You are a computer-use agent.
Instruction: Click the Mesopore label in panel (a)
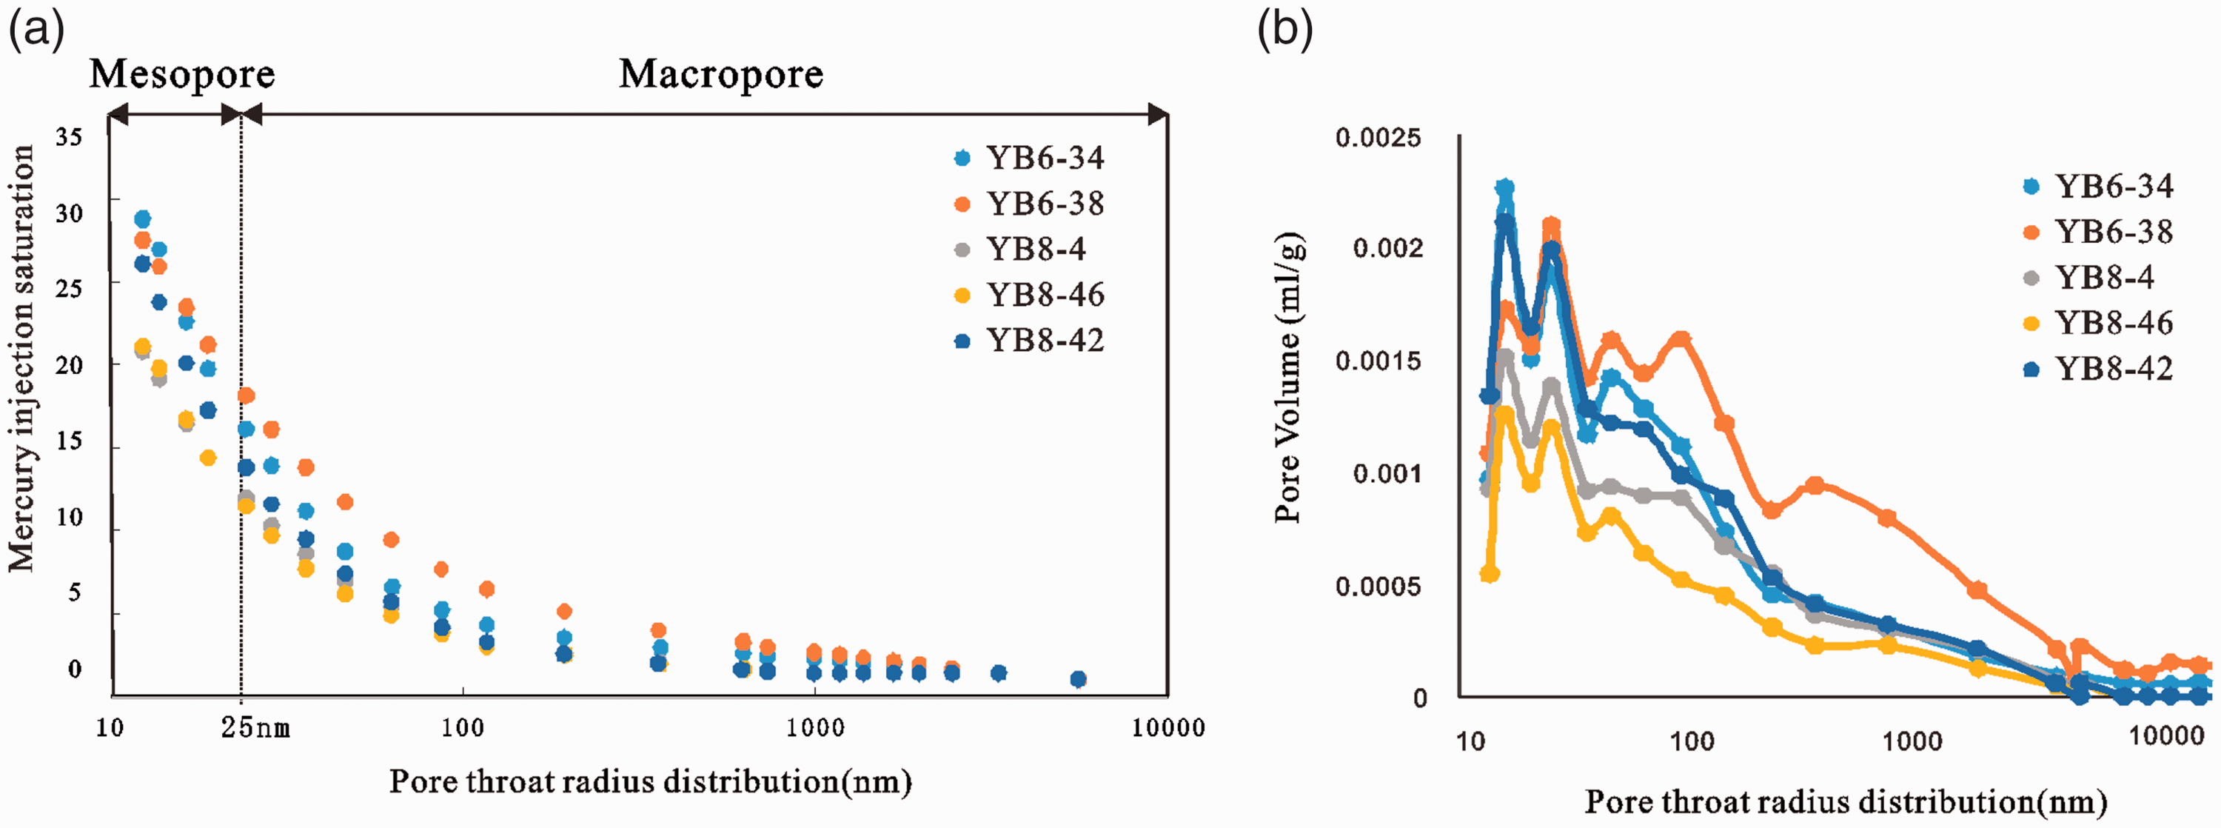click(182, 73)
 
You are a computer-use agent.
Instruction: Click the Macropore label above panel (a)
click(721, 74)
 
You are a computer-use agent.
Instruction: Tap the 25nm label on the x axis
click(255, 728)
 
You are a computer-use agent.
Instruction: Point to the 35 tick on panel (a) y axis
click(69, 136)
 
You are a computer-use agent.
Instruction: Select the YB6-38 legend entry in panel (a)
click(1030, 204)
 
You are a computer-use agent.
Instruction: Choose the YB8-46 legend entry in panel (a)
click(1030, 295)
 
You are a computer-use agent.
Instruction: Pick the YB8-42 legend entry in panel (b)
click(2099, 368)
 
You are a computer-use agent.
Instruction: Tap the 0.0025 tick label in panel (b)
click(1378, 137)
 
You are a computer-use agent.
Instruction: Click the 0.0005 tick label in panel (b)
click(1378, 587)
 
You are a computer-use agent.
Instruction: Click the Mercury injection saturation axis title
click(21, 358)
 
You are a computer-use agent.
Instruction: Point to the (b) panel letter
click(1284, 31)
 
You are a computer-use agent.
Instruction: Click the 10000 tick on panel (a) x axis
click(1168, 728)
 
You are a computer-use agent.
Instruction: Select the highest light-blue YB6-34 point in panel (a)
click(142, 219)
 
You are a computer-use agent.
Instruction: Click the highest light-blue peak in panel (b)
click(1504, 187)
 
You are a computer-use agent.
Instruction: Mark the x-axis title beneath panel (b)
click(1845, 802)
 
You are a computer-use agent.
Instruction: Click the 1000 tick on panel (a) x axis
click(815, 728)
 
